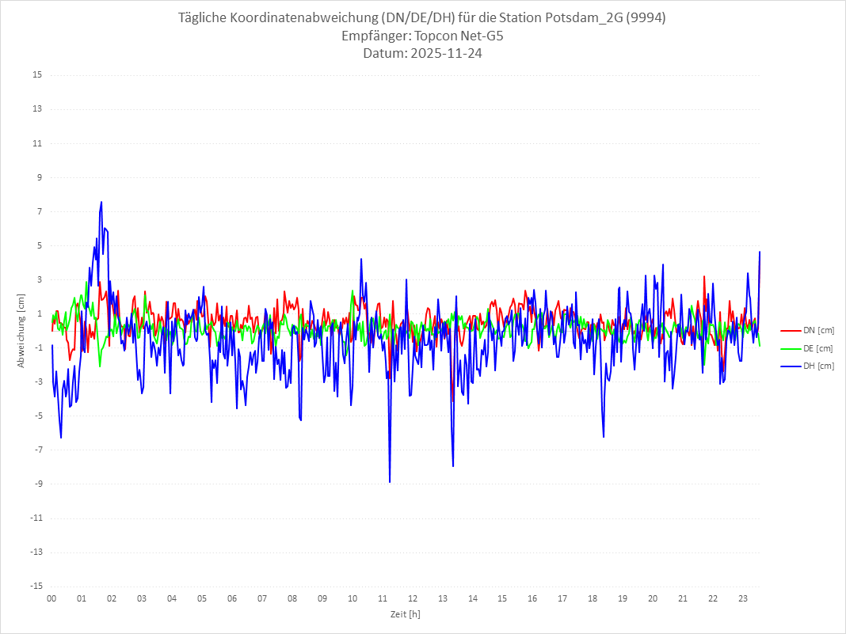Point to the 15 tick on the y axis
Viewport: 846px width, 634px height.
37,75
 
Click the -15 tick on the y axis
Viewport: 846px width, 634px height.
36,586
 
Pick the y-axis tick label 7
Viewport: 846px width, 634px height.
39,211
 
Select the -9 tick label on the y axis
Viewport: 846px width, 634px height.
37,484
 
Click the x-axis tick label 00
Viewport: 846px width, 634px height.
51,598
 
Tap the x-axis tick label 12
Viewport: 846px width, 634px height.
413,598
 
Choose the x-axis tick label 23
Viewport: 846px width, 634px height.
743,598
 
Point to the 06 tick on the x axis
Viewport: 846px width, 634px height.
232,598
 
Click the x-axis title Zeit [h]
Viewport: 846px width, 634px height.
405,613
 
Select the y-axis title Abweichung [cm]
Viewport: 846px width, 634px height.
21,330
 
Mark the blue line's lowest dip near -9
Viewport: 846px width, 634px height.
390,481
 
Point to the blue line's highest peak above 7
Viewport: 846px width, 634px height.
101,203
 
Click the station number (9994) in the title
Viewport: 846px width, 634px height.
646,18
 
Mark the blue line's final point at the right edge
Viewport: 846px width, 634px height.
760,252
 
